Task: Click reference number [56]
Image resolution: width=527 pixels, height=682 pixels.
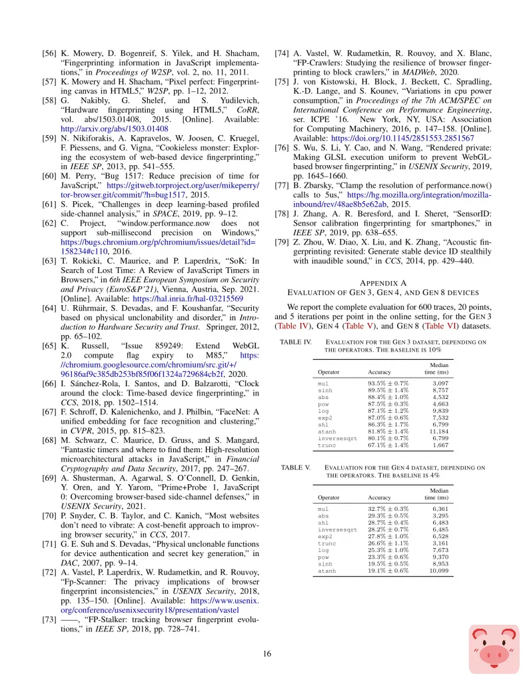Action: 50,53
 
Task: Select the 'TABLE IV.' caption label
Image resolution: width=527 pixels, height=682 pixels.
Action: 294,342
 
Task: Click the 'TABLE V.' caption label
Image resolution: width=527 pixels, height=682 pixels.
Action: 292,468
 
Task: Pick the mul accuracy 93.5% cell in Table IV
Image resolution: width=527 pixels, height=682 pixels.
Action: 388,384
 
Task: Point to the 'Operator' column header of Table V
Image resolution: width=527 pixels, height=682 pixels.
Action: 328,498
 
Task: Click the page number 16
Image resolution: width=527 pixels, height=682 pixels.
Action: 267,654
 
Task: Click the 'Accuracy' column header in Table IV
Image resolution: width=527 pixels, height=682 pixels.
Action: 379,372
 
